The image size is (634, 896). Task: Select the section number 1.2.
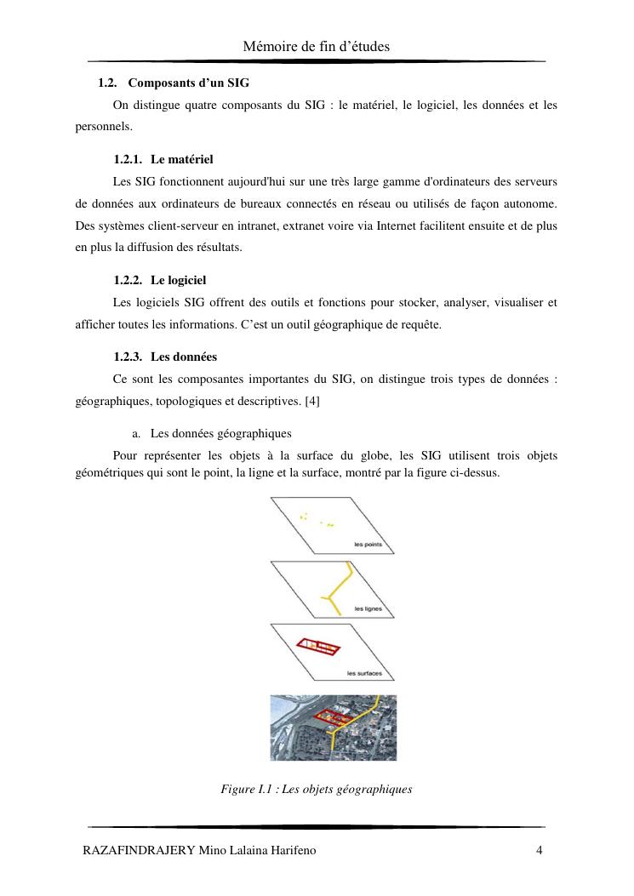107,83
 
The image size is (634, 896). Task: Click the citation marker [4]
311,400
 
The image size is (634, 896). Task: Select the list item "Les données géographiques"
220,433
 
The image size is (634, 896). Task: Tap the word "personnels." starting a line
103,126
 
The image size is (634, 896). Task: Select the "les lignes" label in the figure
367,608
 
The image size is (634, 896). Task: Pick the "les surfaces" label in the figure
364,674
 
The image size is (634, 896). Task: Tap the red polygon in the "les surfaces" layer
317,648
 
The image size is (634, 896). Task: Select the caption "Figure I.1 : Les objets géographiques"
317,790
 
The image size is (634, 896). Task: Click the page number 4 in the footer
539,850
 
